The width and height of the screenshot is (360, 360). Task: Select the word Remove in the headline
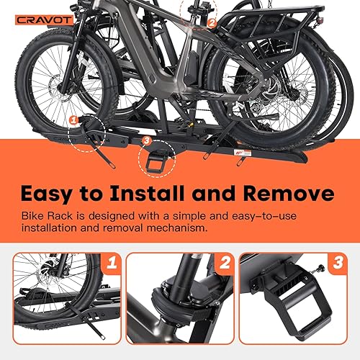coord(294,194)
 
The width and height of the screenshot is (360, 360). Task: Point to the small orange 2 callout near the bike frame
coord(211,22)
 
